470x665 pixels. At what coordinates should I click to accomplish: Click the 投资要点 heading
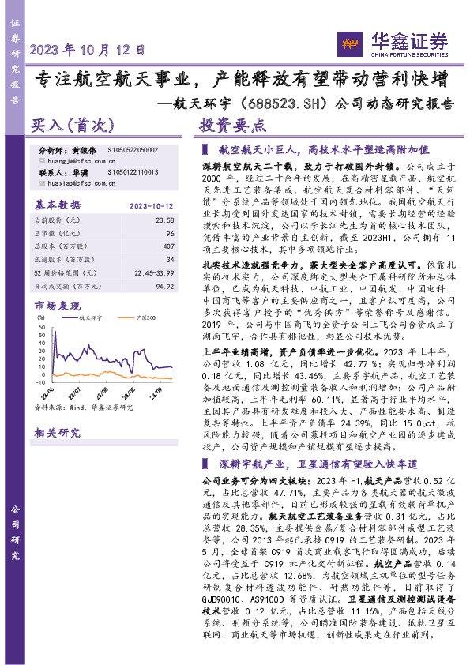pos(232,125)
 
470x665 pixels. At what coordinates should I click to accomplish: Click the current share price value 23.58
pos(164,220)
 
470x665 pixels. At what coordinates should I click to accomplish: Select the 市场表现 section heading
pos(56,305)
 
